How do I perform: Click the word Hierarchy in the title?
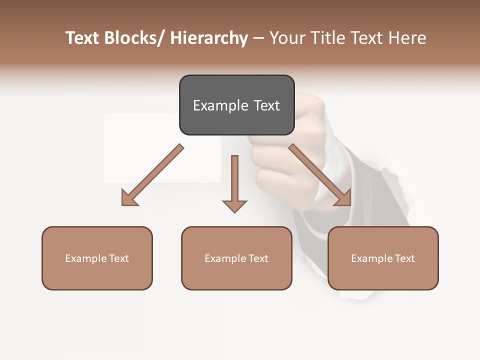click(x=209, y=38)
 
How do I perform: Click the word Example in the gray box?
click(x=220, y=105)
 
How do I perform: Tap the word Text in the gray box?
click(x=266, y=105)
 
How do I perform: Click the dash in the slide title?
click(x=258, y=38)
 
